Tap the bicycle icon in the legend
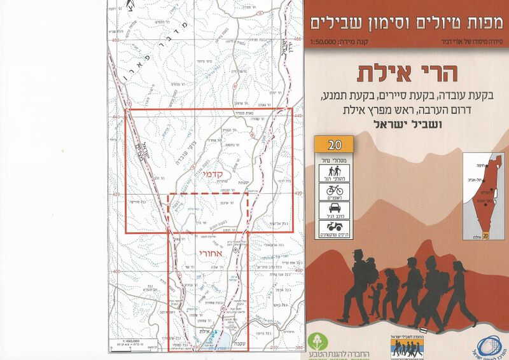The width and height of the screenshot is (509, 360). click(x=335, y=190)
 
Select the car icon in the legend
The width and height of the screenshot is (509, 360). click(x=335, y=207)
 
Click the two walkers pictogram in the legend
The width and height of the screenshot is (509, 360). click(x=335, y=170)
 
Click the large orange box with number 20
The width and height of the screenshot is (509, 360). click(x=335, y=144)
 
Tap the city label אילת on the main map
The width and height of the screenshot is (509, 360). click(x=203, y=332)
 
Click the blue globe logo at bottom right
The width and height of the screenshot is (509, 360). click(x=488, y=344)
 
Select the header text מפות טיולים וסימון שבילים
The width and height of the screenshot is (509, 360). click(x=407, y=23)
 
